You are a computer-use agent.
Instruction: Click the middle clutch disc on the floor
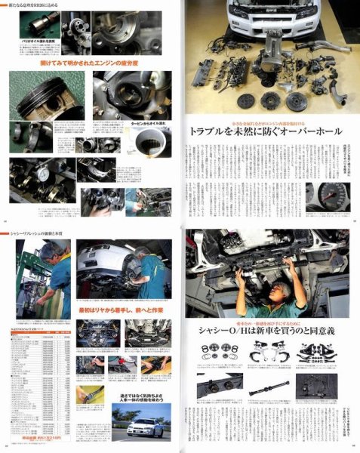click(x=269, y=100)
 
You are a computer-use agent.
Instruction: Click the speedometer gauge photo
click(x=332, y=196)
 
